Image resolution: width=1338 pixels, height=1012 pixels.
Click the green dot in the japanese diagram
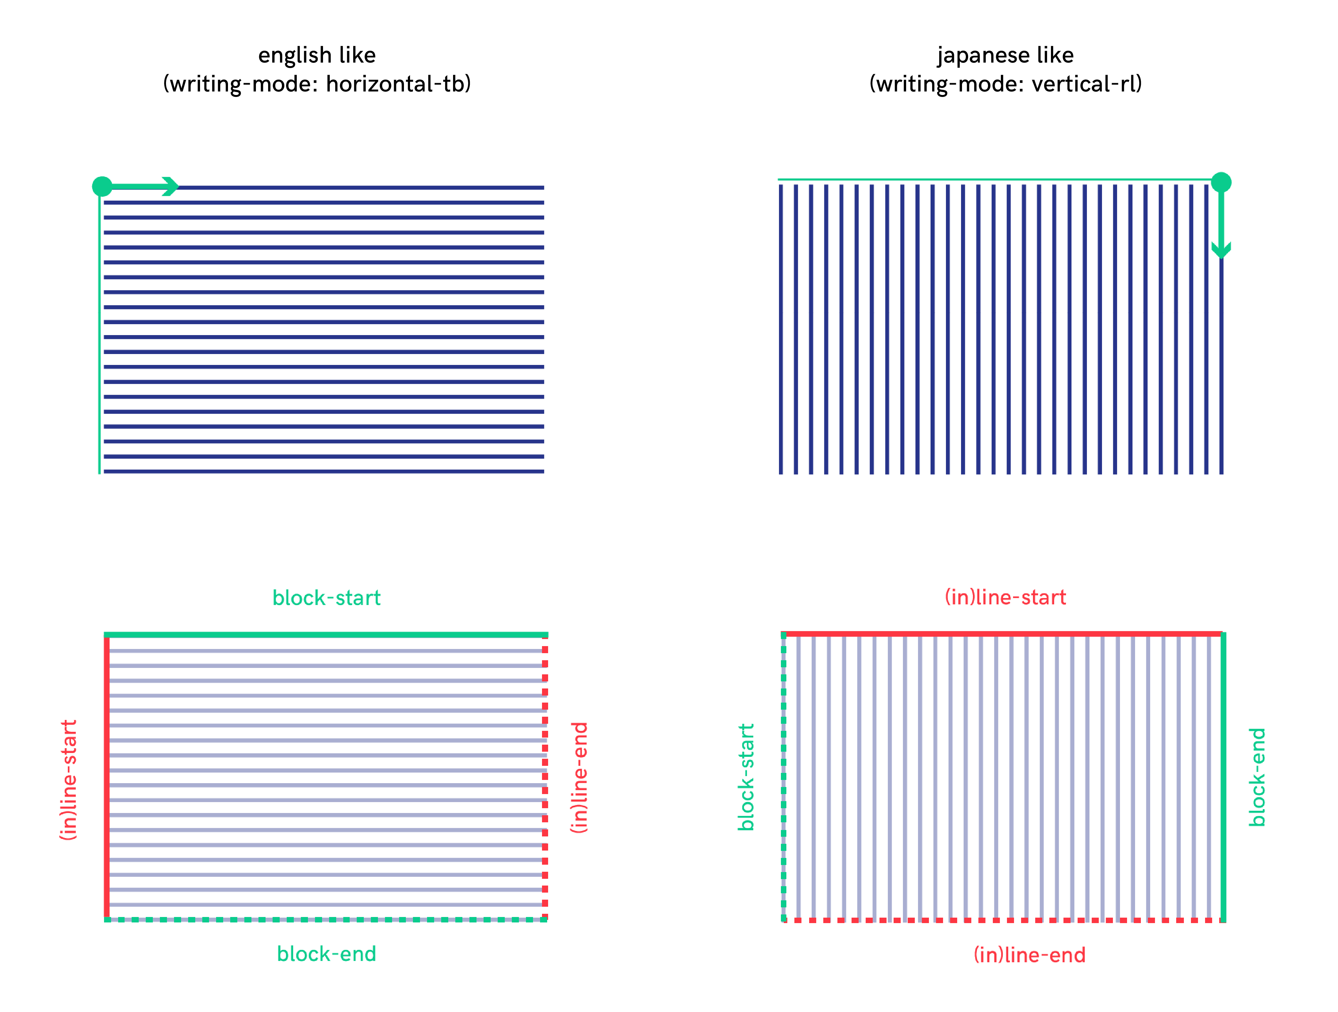coord(1221,182)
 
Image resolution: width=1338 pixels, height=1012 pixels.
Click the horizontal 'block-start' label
coord(327,598)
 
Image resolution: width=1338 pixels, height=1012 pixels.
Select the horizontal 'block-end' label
coord(327,954)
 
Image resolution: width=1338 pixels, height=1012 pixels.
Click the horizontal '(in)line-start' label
coord(1005,597)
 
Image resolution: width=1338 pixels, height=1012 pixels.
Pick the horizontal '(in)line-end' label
coord(1029,955)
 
